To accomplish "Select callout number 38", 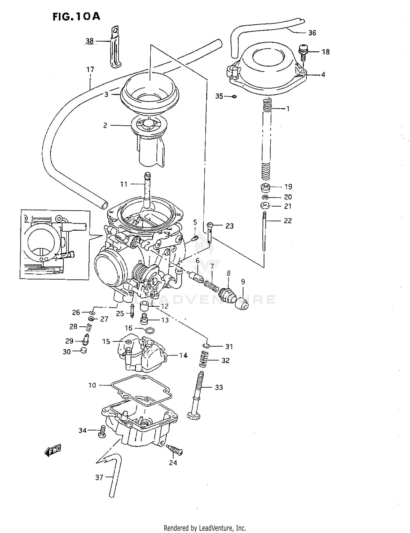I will coord(90,41).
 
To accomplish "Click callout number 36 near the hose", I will coord(312,33).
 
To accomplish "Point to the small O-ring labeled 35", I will coord(234,96).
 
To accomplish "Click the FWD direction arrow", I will coord(52,450).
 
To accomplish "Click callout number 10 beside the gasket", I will coord(92,385).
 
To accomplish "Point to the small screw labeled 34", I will coord(102,431).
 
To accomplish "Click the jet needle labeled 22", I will coord(264,231).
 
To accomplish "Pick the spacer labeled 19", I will coord(265,188).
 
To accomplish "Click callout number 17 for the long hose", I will coord(90,69).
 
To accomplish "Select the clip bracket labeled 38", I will coord(115,48).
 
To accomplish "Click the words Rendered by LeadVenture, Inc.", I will coord(205,528).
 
